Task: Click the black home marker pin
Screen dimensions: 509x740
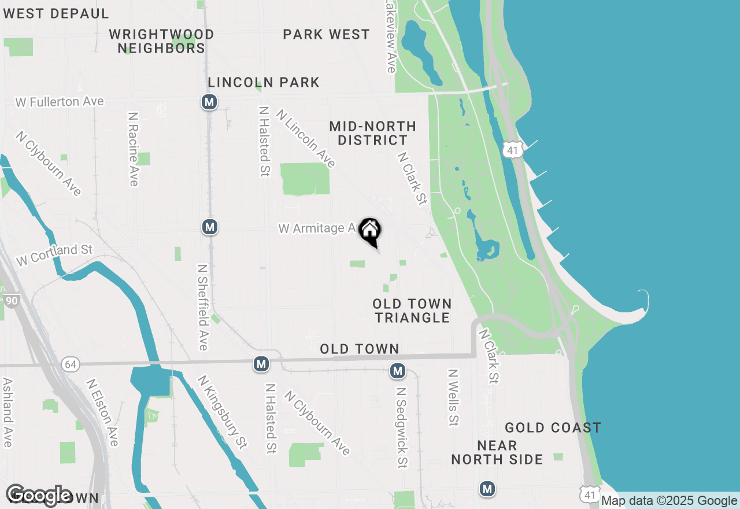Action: (370, 231)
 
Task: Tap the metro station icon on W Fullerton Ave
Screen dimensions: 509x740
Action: (209, 102)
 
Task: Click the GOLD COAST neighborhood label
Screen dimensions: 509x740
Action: (553, 428)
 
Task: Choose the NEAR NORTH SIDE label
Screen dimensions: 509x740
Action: (497, 452)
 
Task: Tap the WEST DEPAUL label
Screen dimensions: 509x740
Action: (55, 13)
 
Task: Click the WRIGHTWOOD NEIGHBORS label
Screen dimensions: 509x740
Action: (161, 41)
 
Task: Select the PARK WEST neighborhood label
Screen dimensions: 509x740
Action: (326, 35)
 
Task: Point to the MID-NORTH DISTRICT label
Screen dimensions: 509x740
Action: (373, 133)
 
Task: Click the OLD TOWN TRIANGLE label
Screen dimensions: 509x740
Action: (412, 311)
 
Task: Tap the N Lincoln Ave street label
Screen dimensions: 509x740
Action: (306, 139)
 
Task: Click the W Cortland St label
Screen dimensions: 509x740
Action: (54, 255)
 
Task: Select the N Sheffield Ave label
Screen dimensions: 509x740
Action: (202, 308)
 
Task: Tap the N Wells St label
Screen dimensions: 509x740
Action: (453, 398)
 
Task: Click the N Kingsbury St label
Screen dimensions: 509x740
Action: (223, 412)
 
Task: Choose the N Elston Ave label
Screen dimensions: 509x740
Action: (103, 412)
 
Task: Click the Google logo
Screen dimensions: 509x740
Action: (38, 495)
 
